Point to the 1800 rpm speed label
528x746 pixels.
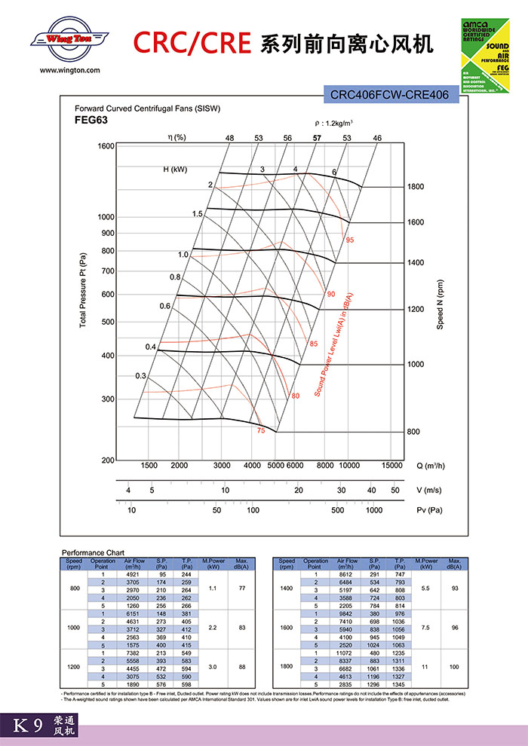pos(416,187)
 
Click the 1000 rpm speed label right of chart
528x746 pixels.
pos(416,365)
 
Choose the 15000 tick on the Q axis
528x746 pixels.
pos(392,466)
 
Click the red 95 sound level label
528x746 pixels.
pos(350,240)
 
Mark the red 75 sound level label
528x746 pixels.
pos(261,430)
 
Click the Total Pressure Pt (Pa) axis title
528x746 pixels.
pos(83,289)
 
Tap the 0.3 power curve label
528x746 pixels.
pos(140,375)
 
